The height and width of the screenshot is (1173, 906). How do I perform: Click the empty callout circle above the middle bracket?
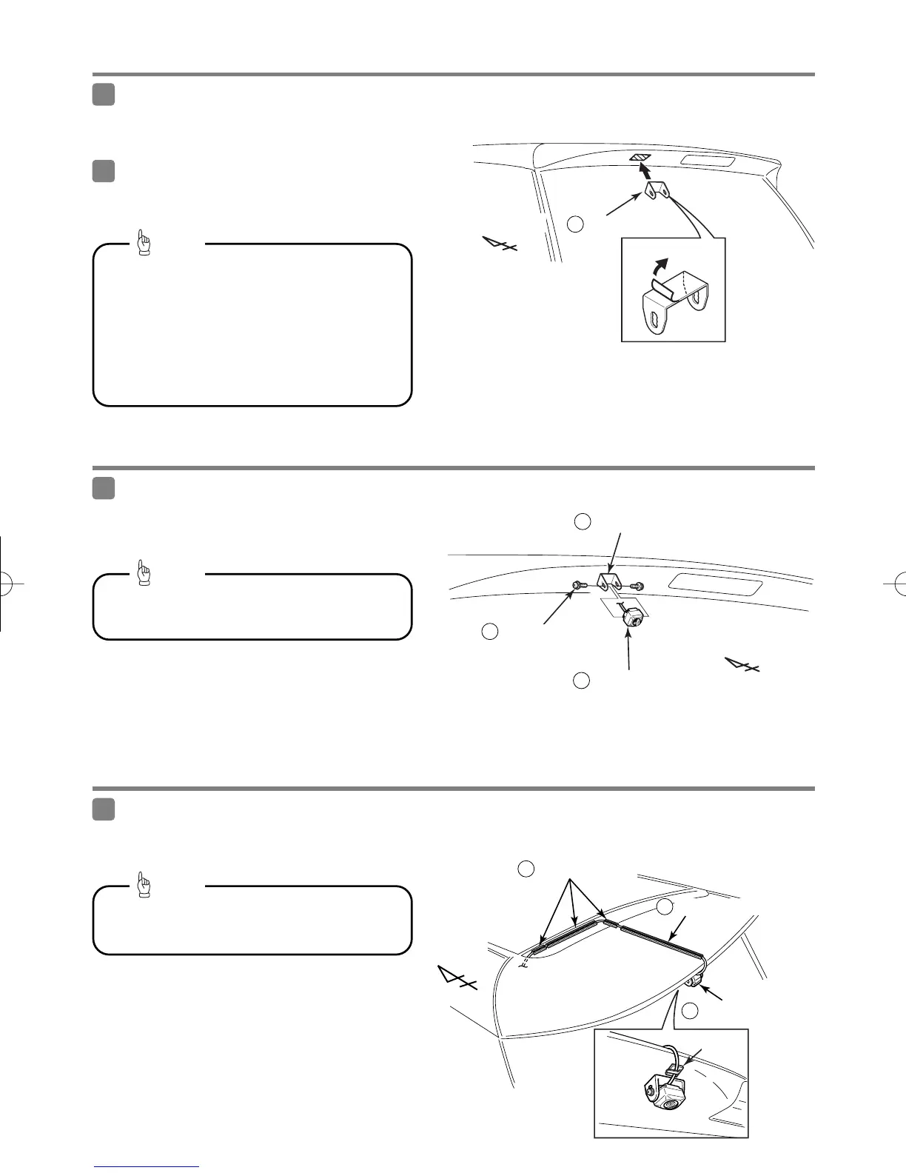[583, 521]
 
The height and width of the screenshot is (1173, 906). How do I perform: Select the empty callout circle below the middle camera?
[581, 681]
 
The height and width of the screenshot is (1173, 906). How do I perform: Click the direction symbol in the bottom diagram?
[455, 978]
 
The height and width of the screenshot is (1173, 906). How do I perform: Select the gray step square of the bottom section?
[104, 809]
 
